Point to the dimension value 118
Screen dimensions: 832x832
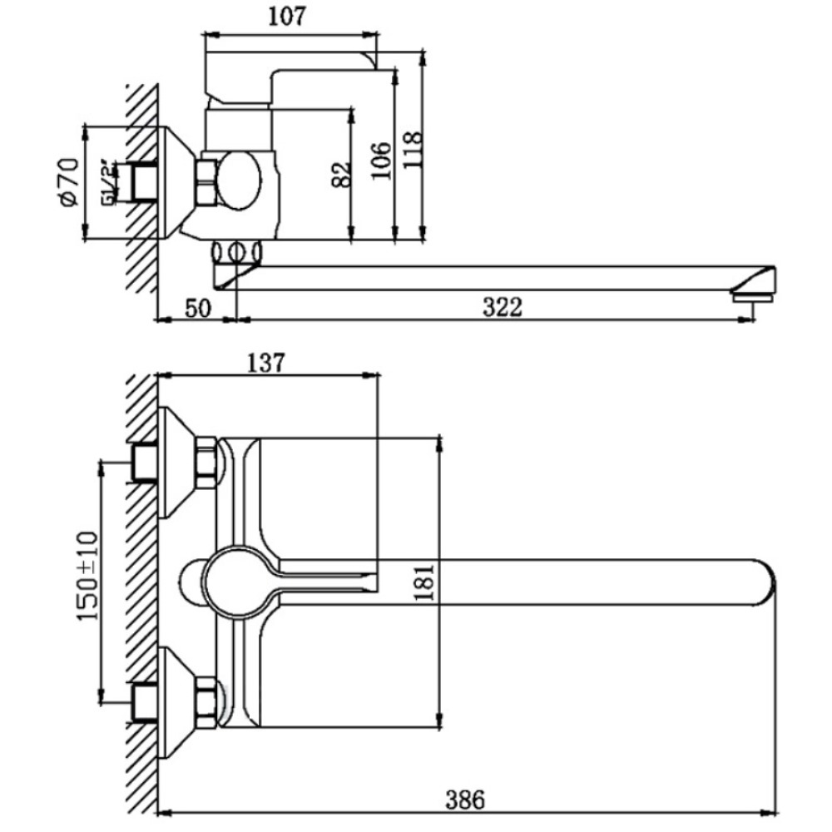tap(412, 151)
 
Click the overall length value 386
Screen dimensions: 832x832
tap(464, 800)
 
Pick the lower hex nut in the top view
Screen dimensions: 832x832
tap(206, 696)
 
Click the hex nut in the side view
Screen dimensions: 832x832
tap(206, 182)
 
